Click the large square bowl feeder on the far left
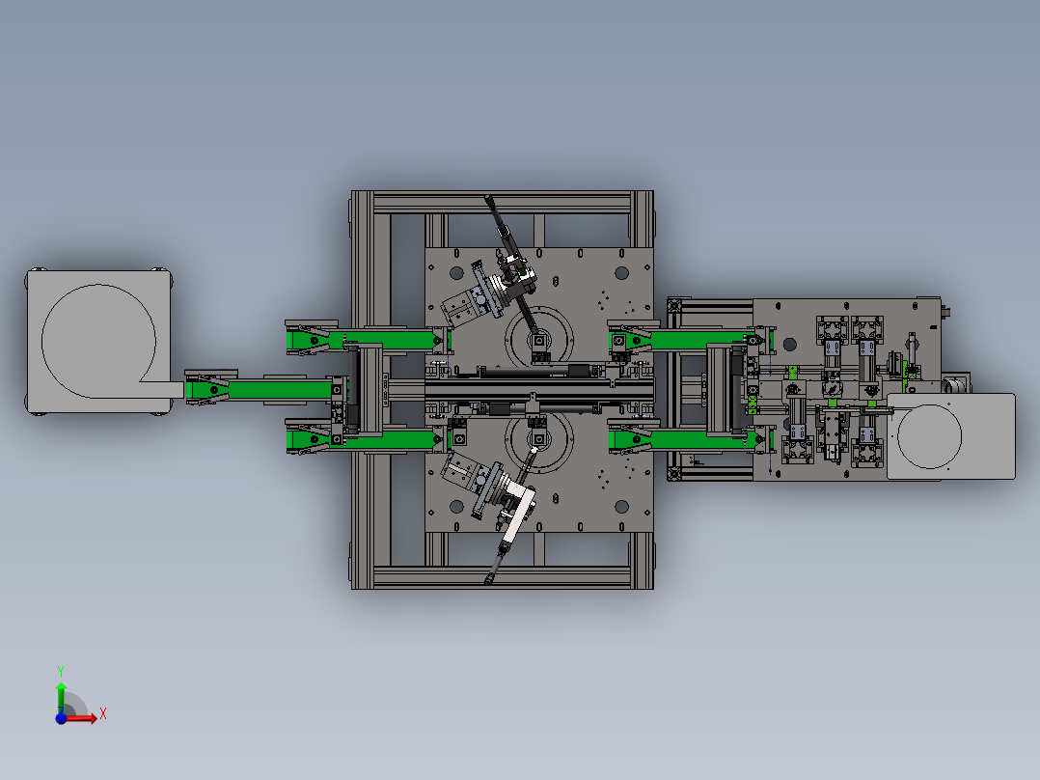[x=98, y=341]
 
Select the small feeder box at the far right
[x=950, y=436]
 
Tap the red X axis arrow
[x=81, y=717]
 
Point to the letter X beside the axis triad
[x=103, y=714]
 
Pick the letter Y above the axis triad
[x=61, y=671]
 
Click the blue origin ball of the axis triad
[x=61, y=718]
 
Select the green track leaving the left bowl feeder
[x=259, y=390]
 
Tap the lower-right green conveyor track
[x=691, y=439]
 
